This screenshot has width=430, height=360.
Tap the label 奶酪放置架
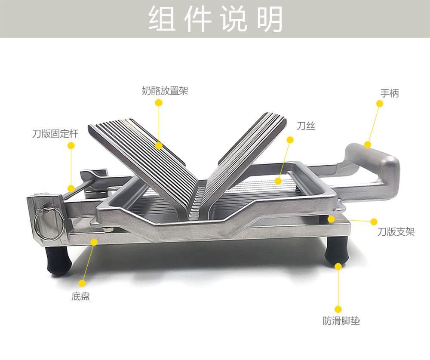(165, 91)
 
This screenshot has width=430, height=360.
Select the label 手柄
(390, 93)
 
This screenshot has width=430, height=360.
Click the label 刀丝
(306, 126)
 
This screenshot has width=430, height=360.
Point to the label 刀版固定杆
(55, 133)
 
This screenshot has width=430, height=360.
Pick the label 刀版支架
(396, 232)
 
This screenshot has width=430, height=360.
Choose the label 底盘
(80, 296)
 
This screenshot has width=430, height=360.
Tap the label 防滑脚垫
(341, 321)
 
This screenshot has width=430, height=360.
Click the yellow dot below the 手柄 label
(379, 104)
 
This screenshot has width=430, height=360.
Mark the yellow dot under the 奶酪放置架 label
(159, 102)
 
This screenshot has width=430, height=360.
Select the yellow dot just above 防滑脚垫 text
(338, 309)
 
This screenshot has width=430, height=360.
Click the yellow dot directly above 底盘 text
(82, 283)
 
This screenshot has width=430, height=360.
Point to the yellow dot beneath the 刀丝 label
(290, 140)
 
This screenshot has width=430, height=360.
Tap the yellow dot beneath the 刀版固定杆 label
(71, 145)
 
